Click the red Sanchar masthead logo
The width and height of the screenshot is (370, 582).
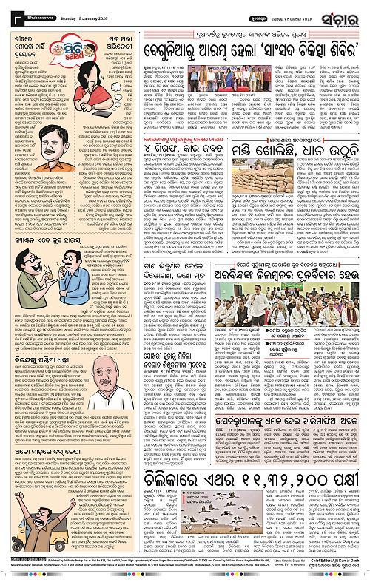click(346, 13)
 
